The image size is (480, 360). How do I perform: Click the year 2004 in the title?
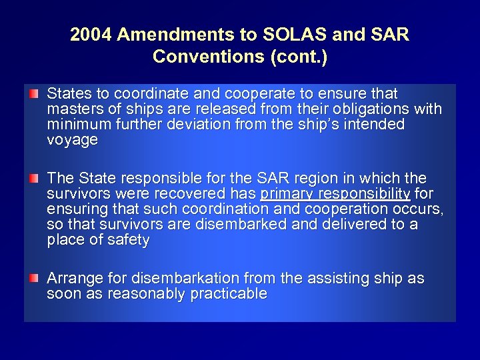(92, 35)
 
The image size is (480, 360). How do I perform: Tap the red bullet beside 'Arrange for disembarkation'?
(34, 276)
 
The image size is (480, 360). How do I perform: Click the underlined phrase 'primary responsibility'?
(335, 194)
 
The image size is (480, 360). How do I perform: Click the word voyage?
(73, 141)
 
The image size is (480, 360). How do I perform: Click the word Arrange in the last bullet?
(73, 279)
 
